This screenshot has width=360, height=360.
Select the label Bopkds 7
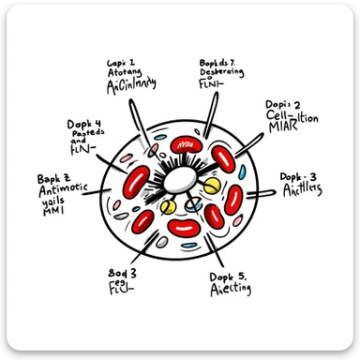click(218, 63)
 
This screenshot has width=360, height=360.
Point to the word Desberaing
click(225, 74)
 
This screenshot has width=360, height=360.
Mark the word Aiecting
click(230, 291)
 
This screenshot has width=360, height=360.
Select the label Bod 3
click(123, 273)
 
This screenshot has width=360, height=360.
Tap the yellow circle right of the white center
click(211, 187)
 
